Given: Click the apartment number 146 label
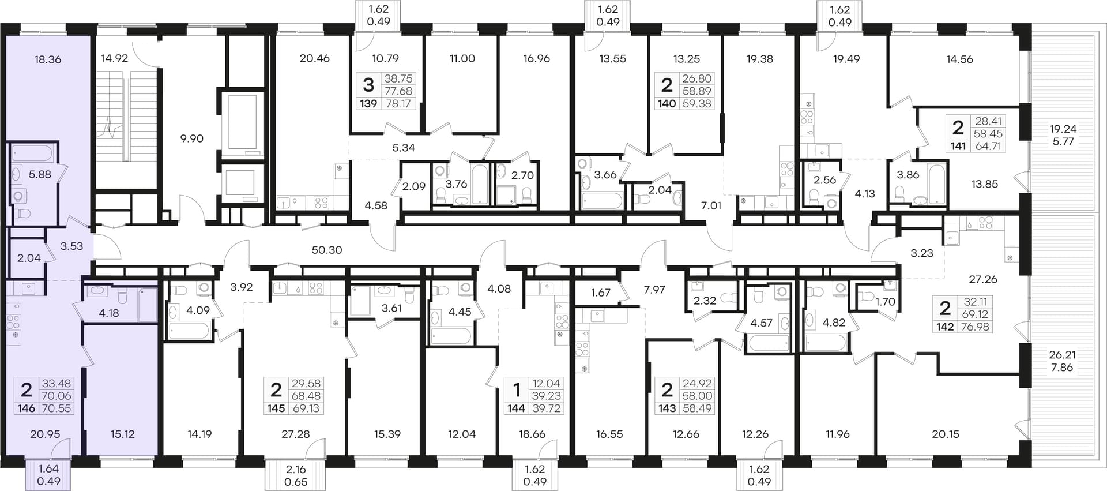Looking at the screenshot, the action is coord(27,408).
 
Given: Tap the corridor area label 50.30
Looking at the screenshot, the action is coord(327,250).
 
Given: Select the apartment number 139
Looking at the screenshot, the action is coord(368,104).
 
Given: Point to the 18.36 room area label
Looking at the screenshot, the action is coord(48,59).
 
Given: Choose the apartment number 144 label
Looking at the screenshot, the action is coord(516,408).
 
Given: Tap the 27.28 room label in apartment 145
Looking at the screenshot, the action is coord(295,434).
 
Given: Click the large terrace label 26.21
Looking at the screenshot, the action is coord(1062,355).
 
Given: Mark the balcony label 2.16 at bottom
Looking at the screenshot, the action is coord(296,470).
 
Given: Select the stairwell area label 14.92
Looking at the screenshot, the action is coord(114,58).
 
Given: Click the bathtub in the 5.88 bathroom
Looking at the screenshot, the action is coord(32,153).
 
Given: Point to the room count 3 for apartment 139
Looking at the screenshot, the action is coord(368,85).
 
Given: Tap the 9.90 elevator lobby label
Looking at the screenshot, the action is coord(191,138).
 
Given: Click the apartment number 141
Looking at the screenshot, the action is coord(958,146).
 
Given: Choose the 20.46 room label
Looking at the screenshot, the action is coord(315,58).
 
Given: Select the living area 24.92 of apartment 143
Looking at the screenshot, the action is coord(696,383).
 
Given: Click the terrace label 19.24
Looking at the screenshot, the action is coord(1063,129).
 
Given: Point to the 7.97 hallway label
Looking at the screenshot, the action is coord(654,290).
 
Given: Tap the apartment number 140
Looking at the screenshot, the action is coord(667,104).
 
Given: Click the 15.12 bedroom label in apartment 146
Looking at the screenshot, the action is coord(122,434).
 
